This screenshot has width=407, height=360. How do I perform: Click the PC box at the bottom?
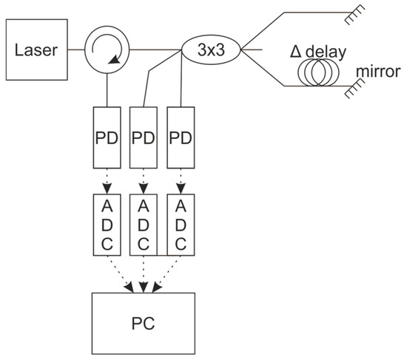(144, 322)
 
